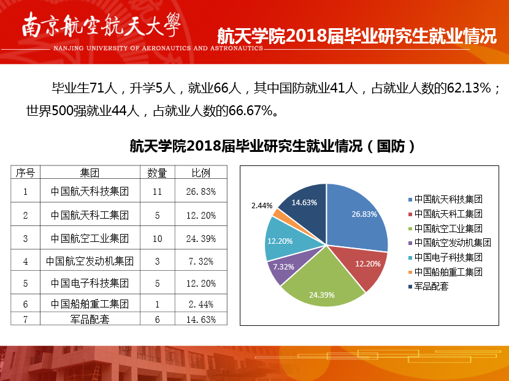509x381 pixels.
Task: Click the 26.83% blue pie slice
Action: point(359,214)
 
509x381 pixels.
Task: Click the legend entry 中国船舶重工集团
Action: point(448,271)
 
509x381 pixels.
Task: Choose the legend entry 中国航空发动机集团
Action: point(453,243)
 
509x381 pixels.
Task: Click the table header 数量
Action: point(158,172)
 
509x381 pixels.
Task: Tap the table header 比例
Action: point(201,172)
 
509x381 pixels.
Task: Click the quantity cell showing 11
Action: point(158,192)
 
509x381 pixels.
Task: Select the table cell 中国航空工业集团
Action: point(90,238)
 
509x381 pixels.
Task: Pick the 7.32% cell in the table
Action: point(201,261)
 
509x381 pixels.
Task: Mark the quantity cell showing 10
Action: point(158,238)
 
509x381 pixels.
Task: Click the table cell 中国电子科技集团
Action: point(90,284)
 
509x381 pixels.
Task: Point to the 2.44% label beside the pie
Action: point(262,205)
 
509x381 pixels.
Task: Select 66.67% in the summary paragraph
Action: point(250,111)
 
